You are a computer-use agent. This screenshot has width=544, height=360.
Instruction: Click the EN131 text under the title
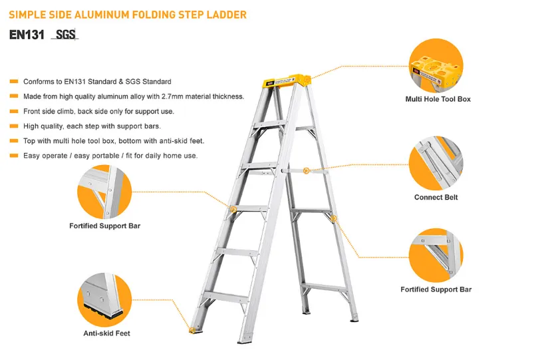[27, 35]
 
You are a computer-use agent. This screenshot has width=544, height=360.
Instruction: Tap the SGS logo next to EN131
[65, 35]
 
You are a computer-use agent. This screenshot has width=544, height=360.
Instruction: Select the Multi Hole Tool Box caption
[438, 99]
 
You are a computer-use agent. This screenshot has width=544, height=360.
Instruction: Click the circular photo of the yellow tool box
[436, 65]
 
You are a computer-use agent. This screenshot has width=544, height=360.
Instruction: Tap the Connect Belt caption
[436, 197]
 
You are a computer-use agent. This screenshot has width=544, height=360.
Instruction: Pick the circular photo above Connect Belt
[436, 163]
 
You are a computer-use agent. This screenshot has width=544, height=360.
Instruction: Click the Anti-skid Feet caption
[106, 333]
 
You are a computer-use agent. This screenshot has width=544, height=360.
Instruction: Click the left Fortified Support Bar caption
[104, 226]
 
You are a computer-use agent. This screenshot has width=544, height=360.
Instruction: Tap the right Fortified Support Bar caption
[436, 289]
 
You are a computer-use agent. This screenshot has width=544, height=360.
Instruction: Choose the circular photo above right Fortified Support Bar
[436, 256]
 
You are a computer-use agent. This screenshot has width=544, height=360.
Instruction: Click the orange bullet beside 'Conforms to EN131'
[14, 81]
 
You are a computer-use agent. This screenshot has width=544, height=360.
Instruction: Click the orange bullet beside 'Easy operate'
[14, 156]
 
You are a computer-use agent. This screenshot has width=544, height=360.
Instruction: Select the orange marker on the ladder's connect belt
[306, 170]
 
